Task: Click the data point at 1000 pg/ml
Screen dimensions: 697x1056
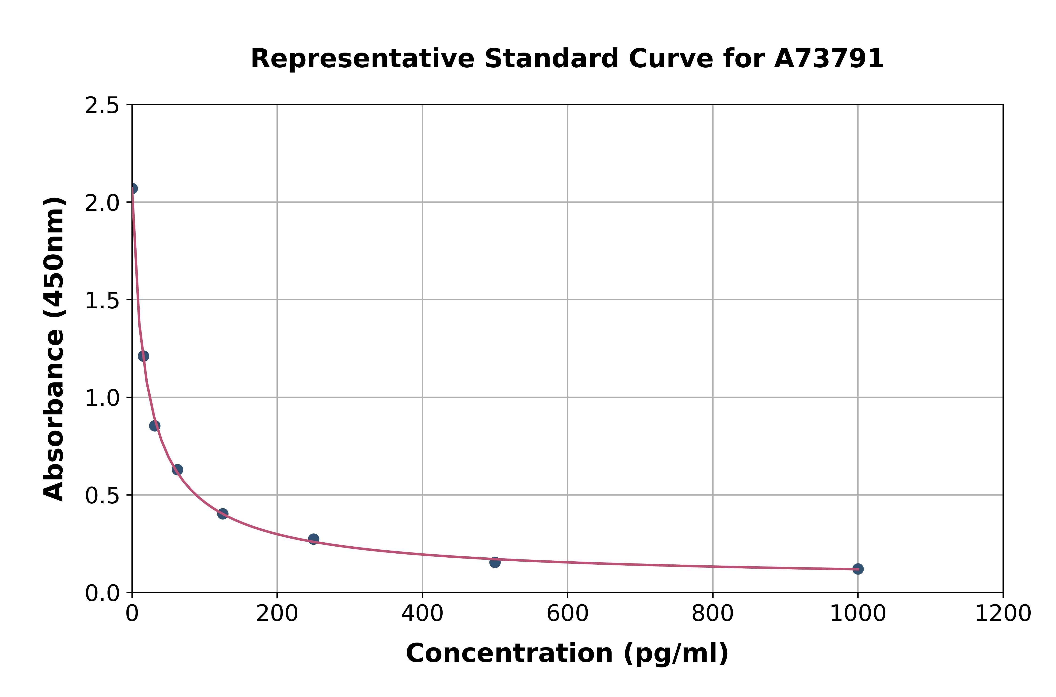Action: tap(858, 569)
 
